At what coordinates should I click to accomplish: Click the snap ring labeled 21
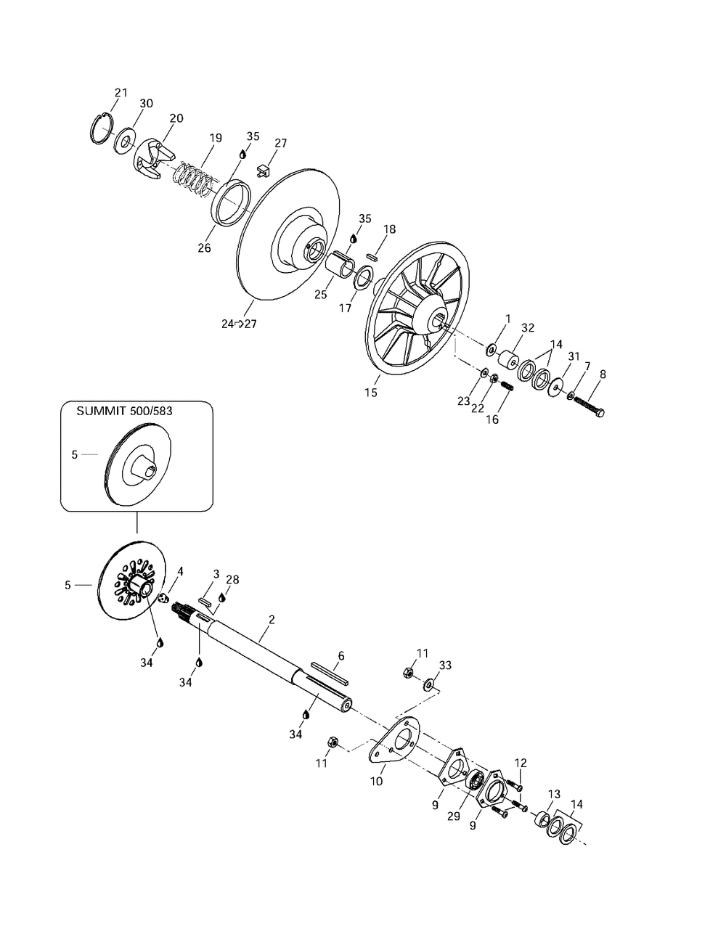click(97, 128)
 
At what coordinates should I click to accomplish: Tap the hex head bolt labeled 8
click(589, 406)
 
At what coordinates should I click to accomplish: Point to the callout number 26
click(204, 248)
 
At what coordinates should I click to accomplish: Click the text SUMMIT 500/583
click(124, 411)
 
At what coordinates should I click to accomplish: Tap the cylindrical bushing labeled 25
click(340, 263)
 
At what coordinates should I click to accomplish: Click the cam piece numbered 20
click(152, 159)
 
